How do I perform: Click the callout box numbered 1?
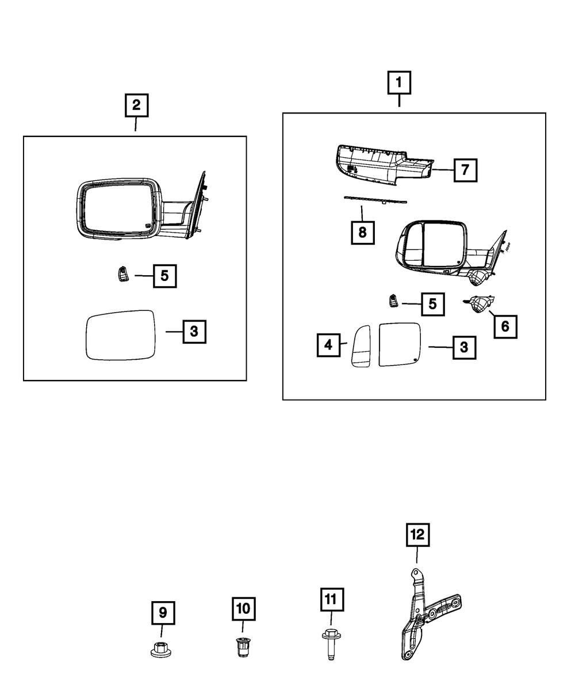(398, 83)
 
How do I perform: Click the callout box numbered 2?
(136, 105)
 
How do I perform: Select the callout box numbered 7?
(465, 170)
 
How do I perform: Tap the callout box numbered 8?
(362, 233)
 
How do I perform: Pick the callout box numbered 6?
(504, 326)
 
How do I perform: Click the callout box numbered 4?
(328, 345)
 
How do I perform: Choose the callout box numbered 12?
(417, 534)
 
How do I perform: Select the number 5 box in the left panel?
(164, 276)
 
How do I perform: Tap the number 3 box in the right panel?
(463, 347)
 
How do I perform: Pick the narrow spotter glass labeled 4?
(362, 345)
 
